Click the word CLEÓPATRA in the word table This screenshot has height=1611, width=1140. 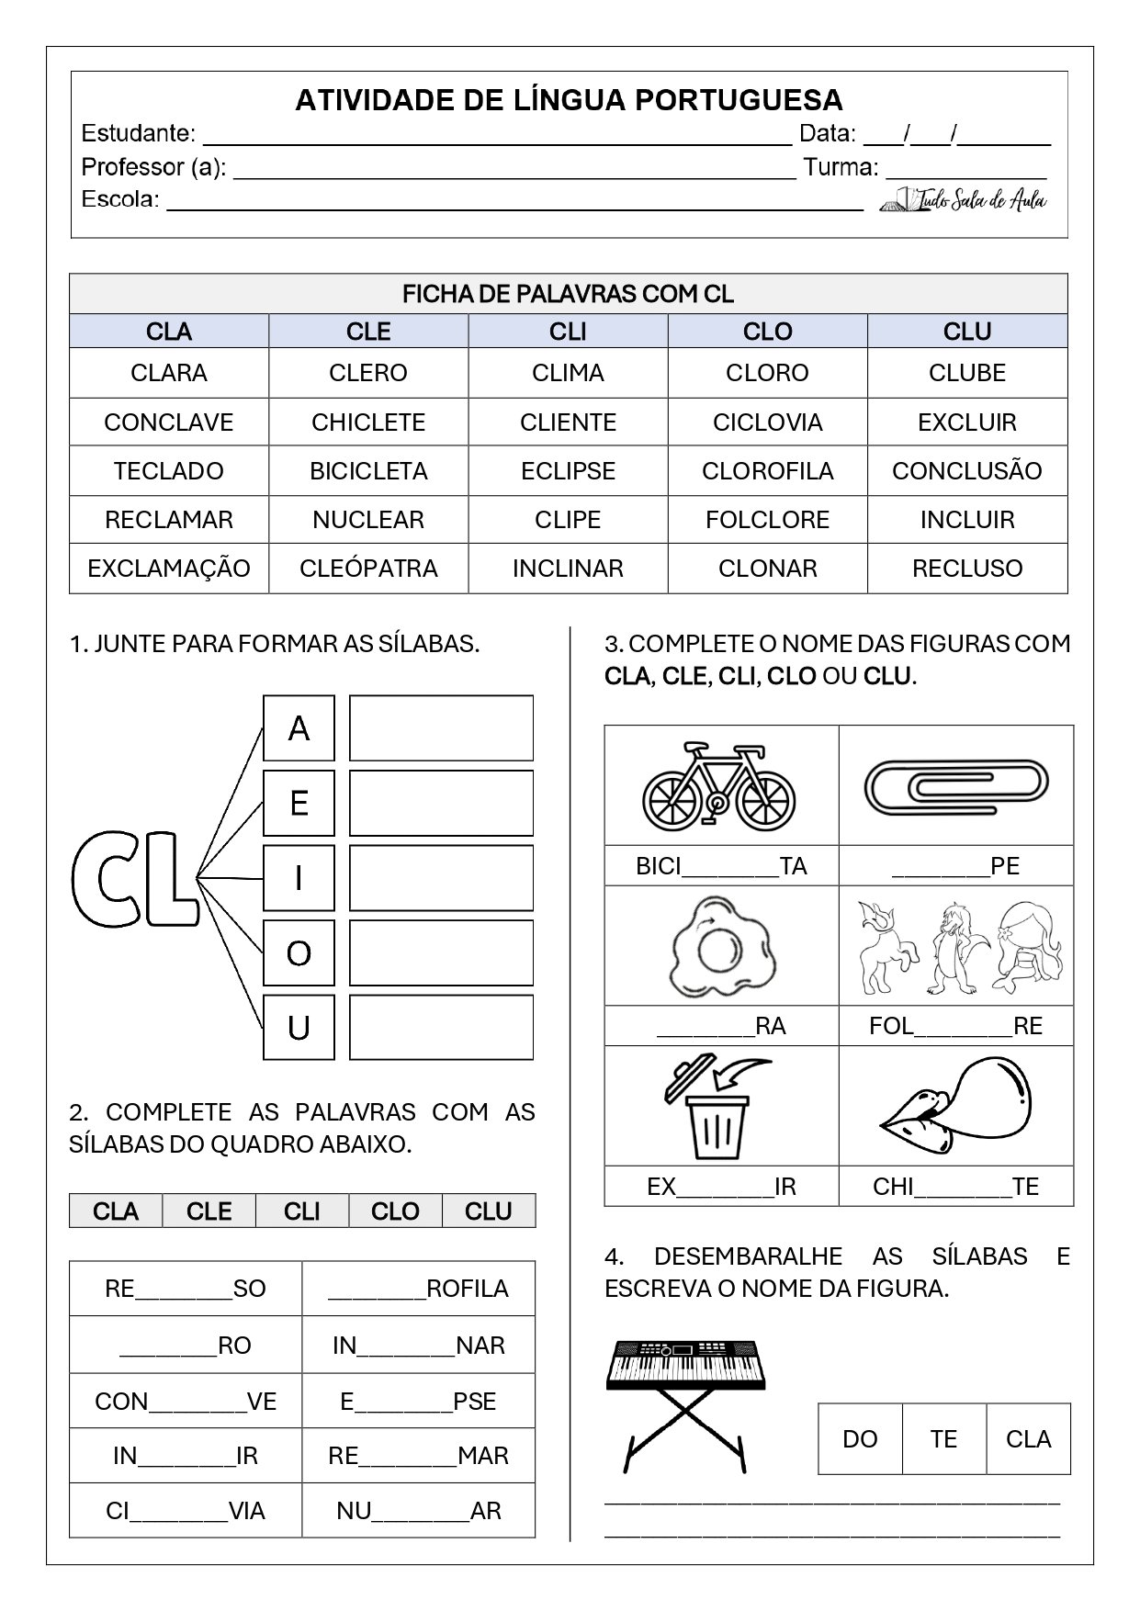[368, 569]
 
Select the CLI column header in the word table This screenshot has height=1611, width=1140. [568, 332]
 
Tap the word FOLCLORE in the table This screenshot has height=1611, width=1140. [767, 520]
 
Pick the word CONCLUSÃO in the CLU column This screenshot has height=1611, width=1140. [966, 471]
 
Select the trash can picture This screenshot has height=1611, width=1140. [719, 1108]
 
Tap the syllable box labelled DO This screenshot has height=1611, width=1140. [860, 1439]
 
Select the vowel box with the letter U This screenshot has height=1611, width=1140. [299, 1028]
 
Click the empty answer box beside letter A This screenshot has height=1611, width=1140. [441, 728]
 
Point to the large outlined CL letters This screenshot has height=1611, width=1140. [134, 879]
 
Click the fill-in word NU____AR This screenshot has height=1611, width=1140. [418, 1511]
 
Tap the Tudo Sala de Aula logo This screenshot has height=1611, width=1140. [965, 199]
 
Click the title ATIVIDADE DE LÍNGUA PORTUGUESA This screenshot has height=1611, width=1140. [569, 99]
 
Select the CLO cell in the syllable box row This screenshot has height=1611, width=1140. [395, 1211]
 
